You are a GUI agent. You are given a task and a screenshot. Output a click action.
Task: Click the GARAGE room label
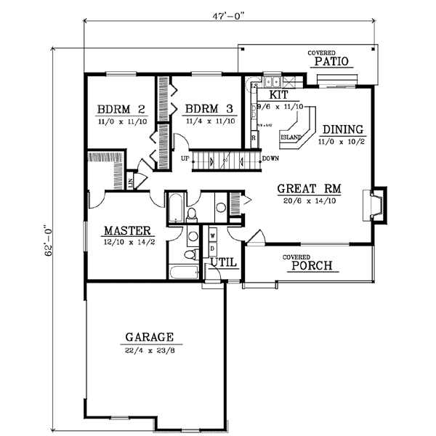tap(149, 337)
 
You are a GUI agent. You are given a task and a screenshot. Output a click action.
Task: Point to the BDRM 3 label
tap(209, 109)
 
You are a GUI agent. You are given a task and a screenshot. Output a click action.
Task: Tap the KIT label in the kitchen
tap(279, 95)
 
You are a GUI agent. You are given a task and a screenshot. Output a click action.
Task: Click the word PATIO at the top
tap(332, 63)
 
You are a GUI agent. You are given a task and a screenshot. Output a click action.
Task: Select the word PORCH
tap(312, 266)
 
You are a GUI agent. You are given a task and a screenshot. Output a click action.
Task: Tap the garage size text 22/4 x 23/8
tap(149, 351)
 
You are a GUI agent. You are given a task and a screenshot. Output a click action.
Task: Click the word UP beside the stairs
tap(186, 158)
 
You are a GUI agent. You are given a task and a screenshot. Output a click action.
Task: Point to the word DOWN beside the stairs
tap(270, 158)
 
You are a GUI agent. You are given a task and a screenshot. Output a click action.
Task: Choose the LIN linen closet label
tap(129, 182)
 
